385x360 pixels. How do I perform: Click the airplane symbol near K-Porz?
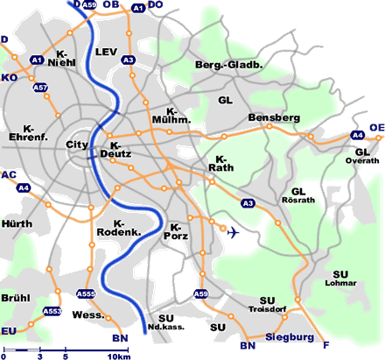point(232,232)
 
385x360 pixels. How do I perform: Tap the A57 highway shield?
point(40,88)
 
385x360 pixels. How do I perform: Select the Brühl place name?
point(16,298)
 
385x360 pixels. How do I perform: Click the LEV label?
point(106,52)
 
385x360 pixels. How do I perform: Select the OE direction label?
point(376,128)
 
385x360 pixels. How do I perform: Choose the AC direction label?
point(9,175)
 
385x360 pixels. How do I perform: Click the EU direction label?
point(9,330)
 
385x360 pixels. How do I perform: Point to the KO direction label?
point(9,78)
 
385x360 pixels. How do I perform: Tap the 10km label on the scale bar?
point(118,356)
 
